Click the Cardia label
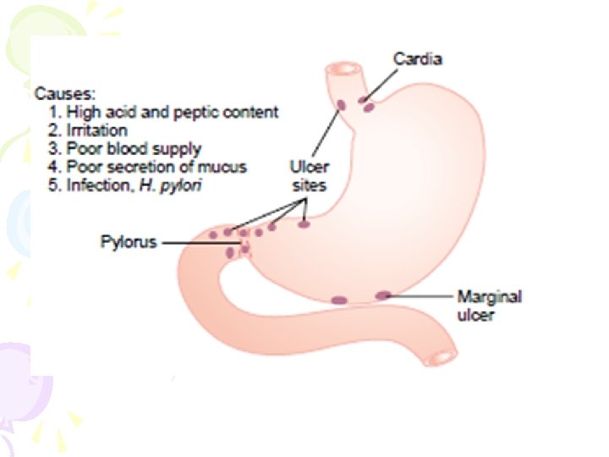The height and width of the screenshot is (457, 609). [x=417, y=59]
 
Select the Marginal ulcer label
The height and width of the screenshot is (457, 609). [x=489, y=306]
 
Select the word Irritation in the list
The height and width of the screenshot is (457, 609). [x=96, y=130]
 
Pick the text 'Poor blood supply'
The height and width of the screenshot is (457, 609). [x=133, y=149]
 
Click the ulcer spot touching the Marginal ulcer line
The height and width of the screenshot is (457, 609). [x=384, y=295]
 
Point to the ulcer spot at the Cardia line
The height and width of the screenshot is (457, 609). [x=366, y=105]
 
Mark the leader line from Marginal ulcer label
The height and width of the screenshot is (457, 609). [x=423, y=296]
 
